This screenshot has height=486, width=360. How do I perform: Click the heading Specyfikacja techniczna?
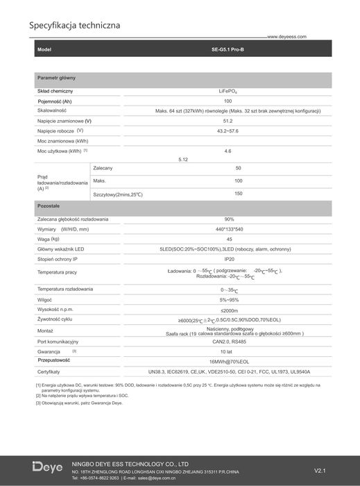74,26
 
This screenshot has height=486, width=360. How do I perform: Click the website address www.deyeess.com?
286,37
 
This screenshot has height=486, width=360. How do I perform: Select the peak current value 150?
239,193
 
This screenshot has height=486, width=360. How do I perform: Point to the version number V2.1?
320,470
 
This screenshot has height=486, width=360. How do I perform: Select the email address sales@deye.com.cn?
156,478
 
